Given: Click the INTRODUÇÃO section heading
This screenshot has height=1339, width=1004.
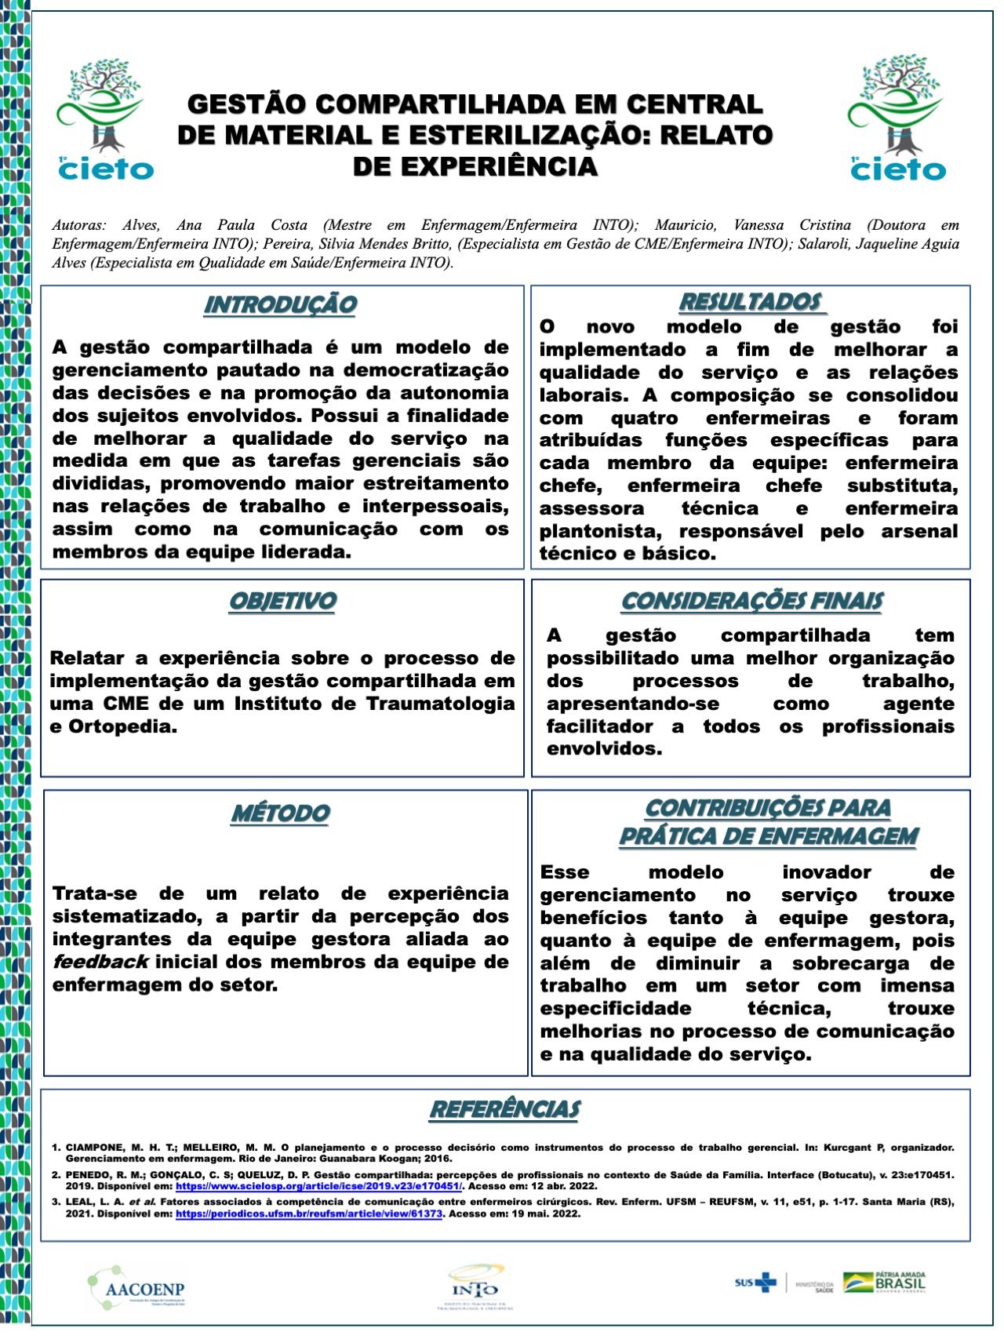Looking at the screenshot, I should point(280,304).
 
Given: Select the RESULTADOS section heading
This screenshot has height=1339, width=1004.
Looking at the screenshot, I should point(751,302).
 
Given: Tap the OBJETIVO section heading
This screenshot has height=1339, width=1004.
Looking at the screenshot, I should point(282,601).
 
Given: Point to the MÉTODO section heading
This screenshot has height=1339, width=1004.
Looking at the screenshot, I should point(281,813).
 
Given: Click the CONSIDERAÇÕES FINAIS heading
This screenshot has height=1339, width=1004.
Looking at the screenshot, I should point(751,601).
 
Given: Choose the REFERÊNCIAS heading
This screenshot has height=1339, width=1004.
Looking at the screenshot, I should point(505,1109).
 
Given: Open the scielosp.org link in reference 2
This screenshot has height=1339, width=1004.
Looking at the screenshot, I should point(318,1186).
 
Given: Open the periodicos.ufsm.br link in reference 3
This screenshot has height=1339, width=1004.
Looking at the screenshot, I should point(309,1213).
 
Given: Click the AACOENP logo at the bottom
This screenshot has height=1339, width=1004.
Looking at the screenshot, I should point(136,1288).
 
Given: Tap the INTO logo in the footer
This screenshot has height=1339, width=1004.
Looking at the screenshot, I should point(475,1286).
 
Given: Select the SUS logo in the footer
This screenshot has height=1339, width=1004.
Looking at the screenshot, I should point(755,1283).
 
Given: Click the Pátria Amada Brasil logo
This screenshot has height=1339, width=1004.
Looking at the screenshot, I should point(885,1283).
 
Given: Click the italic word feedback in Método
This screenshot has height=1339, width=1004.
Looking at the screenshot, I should point(100,962).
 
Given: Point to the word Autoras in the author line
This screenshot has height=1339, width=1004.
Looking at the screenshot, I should point(78,225).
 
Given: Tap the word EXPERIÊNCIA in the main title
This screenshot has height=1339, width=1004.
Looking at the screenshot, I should point(475,166).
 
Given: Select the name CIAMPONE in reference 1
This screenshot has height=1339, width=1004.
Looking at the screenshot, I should point(94,1147).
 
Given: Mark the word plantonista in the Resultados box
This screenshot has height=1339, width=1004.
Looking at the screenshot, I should point(606,531).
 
